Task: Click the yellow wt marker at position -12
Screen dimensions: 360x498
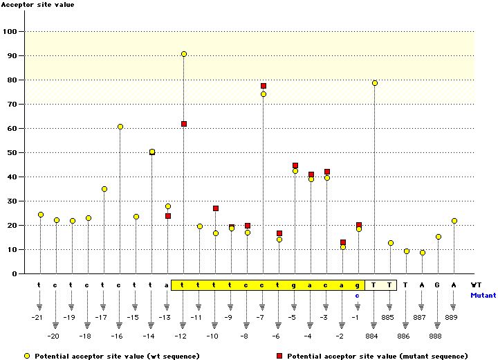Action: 183,54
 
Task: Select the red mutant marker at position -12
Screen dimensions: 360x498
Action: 183,124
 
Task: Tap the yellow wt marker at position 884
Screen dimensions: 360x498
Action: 375,83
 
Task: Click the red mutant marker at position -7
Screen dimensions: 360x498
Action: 264,86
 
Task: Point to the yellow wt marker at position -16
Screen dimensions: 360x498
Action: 120,127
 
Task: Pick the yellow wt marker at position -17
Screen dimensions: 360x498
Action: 104,189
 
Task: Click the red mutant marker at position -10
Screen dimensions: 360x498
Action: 216,208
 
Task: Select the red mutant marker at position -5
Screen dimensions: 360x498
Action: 295,166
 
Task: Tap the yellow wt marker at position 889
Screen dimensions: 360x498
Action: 454,221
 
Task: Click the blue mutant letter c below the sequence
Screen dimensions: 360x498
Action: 358,295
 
